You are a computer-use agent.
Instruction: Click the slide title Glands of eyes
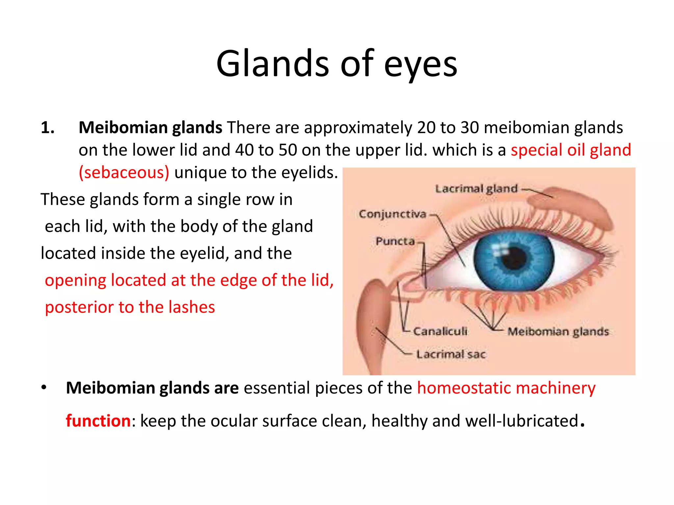(x=337, y=64)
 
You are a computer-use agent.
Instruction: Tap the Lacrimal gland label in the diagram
(x=476, y=189)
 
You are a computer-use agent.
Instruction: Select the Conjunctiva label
(x=392, y=214)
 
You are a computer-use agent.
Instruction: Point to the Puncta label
(x=395, y=241)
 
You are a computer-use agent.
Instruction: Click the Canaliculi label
(x=440, y=331)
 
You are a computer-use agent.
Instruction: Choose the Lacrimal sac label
(x=451, y=354)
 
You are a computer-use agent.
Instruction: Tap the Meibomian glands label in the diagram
(x=558, y=331)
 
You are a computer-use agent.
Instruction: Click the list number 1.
(x=47, y=128)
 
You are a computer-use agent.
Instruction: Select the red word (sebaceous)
(x=124, y=173)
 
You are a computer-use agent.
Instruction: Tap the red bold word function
(x=98, y=421)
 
